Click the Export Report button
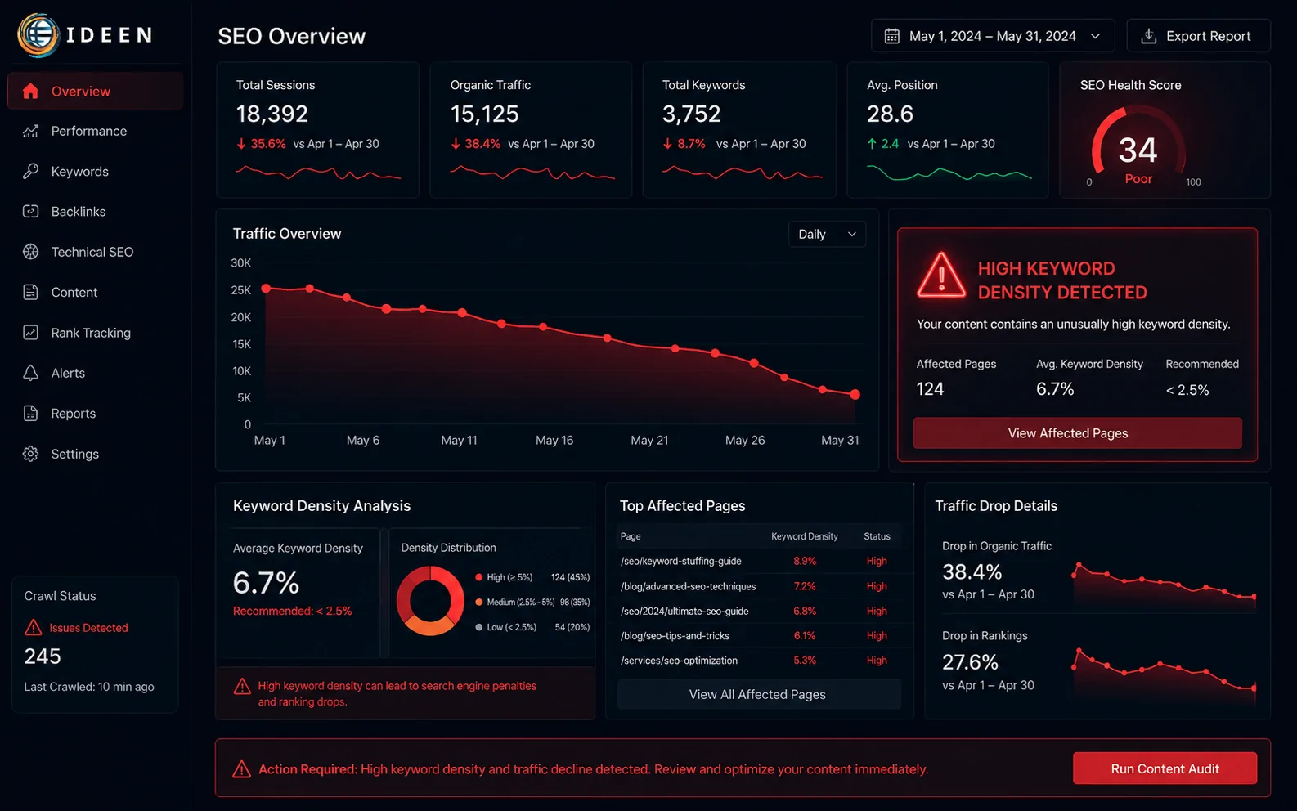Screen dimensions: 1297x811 pyautogui.click(x=1198, y=36)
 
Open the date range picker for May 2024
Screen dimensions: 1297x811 pyautogui.click(x=993, y=36)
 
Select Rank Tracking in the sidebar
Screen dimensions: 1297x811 pyautogui.click(x=90, y=333)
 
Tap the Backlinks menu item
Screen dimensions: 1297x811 pyautogui.click(x=79, y=212)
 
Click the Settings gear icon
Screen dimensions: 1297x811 pyautogui.click(x=31, y=454)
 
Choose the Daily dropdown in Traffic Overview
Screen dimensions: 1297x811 pyautogui.click(x=826, y=235)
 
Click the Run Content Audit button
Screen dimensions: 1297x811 pyautogui.click(x=1165, y=768)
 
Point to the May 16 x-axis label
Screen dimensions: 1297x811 pyautogui.click(x=554, y=441)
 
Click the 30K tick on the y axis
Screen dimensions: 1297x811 pyautogui.click(x=241, y=262)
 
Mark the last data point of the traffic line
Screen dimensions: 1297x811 pyautogui.click(x=855, y=394)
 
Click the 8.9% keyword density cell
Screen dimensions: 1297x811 pyautogui.click(x=804, y=561)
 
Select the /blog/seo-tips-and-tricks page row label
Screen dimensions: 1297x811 pyautogui.click(x=675, y=635)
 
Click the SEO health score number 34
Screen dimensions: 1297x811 pyautogui.click(x=1138, y=150)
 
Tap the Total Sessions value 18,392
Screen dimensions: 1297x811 pyautogui.click(x=272, y=114)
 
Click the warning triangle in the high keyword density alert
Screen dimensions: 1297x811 pyautogui.click(x=941, y=276)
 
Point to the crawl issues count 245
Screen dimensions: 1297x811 pyautogui.click(x=43, y=656)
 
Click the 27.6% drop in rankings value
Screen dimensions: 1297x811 pyautogui.click(x=970, y=661)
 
